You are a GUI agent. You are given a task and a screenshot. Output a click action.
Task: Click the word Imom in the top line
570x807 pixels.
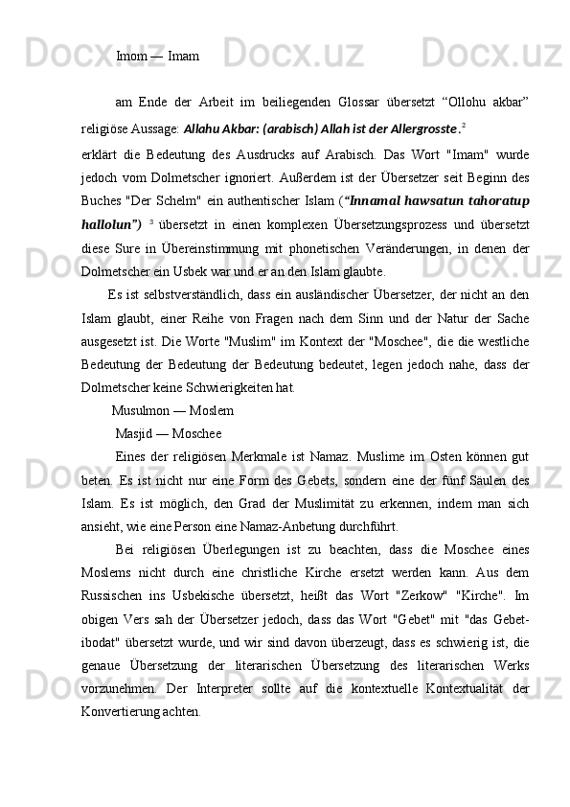click(130, 57)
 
